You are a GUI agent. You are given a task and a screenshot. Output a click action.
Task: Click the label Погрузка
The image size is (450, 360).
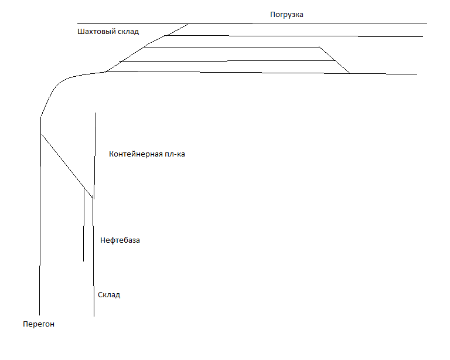click(x=287, y=14)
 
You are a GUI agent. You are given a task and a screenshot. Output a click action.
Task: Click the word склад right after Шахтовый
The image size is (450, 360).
click(x=130, y=31)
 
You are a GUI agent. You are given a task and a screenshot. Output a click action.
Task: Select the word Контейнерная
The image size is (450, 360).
click(x=135, y=154)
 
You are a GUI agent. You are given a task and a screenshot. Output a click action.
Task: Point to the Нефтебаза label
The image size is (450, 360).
click(x=120, y=240)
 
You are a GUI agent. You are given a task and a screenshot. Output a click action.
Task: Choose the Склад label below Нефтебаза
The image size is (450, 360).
click(x=109, y=294)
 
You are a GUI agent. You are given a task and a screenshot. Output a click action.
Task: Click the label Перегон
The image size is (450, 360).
click(x=38, y=324)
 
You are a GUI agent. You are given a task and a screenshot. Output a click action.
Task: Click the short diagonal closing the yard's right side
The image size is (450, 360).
click(x=335, y=60)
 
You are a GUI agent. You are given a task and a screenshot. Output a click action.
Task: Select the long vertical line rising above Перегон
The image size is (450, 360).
click(x=40, y=223)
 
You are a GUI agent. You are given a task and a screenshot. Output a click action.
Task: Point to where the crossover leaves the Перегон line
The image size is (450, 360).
click(x=40, y=134)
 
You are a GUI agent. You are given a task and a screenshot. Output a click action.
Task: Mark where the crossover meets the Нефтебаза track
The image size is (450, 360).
click(x=93, y=198)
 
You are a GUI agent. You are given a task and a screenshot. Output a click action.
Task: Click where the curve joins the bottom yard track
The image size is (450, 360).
click(x=106, y=72)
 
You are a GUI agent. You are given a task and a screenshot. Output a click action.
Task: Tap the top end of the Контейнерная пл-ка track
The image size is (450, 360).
click(x=96, y=113)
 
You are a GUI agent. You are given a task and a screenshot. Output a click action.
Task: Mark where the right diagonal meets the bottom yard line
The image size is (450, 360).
click(x=350, y=73)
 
